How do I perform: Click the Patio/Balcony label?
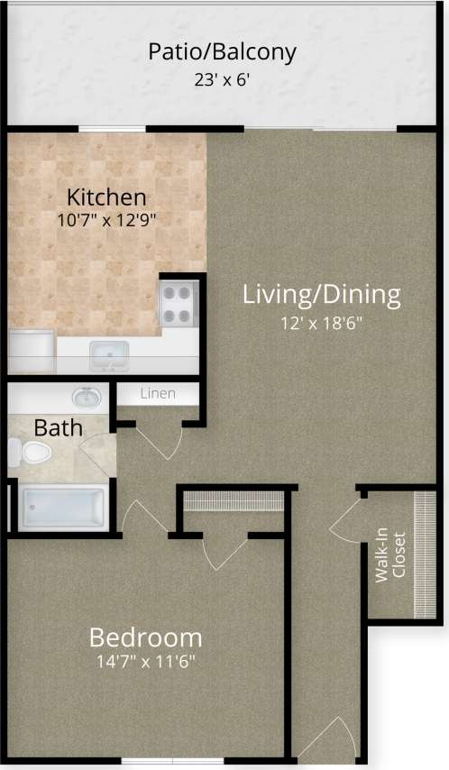coord(222,52)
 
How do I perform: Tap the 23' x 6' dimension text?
coord(222,79)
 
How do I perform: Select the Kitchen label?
coord(107,197)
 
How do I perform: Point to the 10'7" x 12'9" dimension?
coord(107,219)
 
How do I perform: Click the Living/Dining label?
coord(321,295)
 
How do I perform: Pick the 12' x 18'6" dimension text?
coord(321,321)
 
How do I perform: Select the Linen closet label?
coord(157,394)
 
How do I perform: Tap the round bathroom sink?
coord(87,397)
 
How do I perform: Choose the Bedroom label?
coord(144,638)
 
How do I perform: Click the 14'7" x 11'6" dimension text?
coord(144,662)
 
